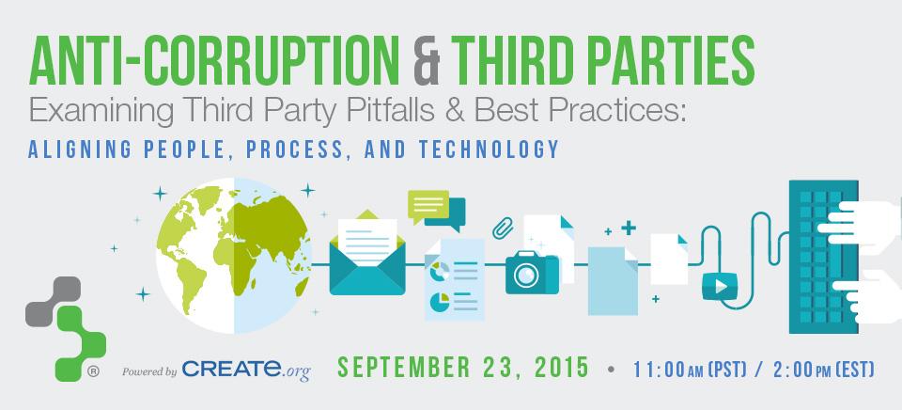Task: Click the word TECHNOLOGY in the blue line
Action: pyautogui.click(x=489, y=150)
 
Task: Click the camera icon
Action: pyautogui.click(x=532, y=272)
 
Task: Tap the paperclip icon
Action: pyautogui.click(x=503, y=229)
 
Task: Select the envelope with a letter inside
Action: pyautogui.click(x=367, y=252)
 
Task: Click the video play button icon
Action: pyautogui.click(x=720, y=286)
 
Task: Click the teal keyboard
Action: pyautogui.click(x=823, y=256)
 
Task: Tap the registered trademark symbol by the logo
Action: pyautogui.click(x=93, y=371)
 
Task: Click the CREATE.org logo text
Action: pyautogui.click(x=246, y=370)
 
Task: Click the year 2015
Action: pyautogui.click(x=562, y=367)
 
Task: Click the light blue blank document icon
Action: pyautogui.click(x=613, y=281)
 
